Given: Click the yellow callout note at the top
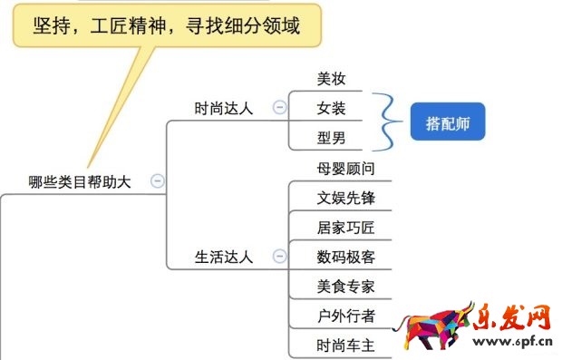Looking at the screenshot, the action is click(x=167, y=26).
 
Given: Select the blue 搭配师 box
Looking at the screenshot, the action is click(x=448, y=121).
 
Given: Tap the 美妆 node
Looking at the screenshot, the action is click(x=331, y=79).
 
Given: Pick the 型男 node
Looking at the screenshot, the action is click(x=331, y=138).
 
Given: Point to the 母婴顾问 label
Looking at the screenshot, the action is click(x=345, y=168).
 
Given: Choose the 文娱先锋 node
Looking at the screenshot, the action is click(x=345, y=198).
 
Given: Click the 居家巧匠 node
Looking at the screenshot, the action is click(x=345, y=227).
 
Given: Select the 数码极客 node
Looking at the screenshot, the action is click(x=345, y=257).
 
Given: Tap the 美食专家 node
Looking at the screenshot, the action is click(x=345, y=287).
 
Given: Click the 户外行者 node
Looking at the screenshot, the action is click(x=345, y=316).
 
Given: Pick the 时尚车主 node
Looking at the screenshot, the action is click(x=345, y=345).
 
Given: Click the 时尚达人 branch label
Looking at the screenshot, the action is click(x=224, y=108).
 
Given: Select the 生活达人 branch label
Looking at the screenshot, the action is click(x=224, y=257).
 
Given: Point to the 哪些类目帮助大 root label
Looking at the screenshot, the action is click(x=80, y=181).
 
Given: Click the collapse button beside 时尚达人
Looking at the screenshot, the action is click(x=279, y=108).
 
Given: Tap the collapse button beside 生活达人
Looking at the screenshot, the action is click(x=279, y=257).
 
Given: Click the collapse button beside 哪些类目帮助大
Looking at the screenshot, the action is click(x=158, y=181).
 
